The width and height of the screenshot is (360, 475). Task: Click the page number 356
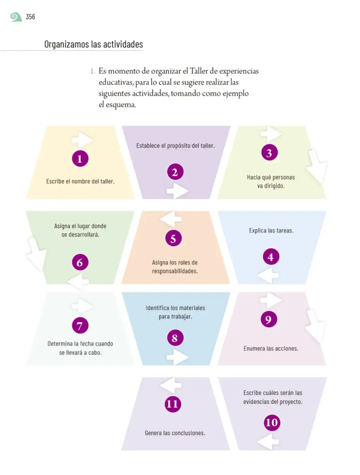30,17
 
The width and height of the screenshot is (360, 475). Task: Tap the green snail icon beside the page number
16,17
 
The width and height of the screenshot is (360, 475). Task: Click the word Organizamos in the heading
66,44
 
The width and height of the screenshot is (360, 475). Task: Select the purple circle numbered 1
80,159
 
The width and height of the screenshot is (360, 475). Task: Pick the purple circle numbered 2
175,172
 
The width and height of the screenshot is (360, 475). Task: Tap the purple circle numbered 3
269,152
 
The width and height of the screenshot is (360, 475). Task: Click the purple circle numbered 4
271,256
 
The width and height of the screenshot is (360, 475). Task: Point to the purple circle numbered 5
173,238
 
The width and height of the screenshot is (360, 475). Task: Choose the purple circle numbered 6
80,262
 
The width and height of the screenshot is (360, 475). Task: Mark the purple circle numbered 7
80,325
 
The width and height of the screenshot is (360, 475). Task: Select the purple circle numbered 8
175,338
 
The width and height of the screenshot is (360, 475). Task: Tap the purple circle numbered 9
269,319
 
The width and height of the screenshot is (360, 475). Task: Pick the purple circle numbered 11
173,404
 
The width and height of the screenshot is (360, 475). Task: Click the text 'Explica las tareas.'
271,231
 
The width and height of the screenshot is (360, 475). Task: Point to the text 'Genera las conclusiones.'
175,433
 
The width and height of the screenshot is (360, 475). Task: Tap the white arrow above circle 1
82,140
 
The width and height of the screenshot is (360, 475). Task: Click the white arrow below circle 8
177,357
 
